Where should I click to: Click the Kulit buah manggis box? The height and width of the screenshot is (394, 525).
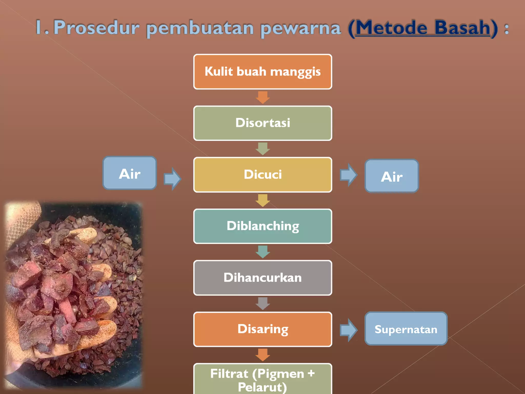pyautogui.click(x=262, y=72)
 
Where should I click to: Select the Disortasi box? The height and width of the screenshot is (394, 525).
pyautogui.click(x=262, y=123)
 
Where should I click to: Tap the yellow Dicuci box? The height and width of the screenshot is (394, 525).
pyautogui.click(x=262, y=175)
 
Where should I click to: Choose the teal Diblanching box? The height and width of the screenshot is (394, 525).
pyautogui.click(x=262, y=226)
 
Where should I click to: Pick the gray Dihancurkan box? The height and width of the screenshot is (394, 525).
pyautogui.click(x=262, y=278)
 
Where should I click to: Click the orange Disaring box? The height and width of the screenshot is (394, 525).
pyautogui.click(x=262, y=329)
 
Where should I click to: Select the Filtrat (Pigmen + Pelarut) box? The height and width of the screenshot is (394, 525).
pyautogui.click(x=262, y=380)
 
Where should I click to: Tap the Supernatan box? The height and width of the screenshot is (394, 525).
pyautogui.click(x=406, y=329)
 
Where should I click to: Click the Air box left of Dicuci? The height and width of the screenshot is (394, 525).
pyautogui.click(x=130, y=173)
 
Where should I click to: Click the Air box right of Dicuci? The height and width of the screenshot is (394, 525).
pyautogui.click(x=391, y=176)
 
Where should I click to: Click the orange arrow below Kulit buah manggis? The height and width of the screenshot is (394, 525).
pyautogui.click(x=263, y=97)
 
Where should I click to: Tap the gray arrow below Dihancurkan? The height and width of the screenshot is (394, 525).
pyautogui.click(x=263, y=303)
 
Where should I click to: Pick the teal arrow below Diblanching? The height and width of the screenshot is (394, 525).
pyautogui.click(x=263, y=252)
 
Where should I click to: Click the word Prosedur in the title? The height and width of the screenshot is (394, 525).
pyautogui.click(x=96, y=28)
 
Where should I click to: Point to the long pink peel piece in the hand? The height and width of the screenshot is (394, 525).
pyautogui.click(x=67, y=310)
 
